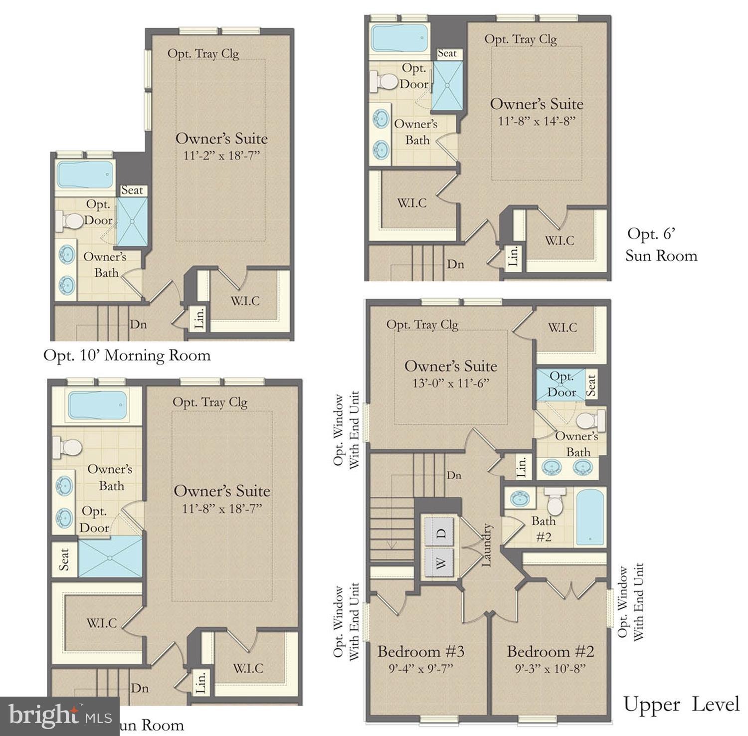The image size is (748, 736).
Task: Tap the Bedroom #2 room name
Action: coord(550,651)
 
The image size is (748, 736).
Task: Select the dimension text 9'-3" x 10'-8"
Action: coord(550,668)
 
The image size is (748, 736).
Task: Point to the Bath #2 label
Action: coord(543,529)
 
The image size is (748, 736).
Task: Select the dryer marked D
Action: coord(439,533)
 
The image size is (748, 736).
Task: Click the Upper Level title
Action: coord(681,705)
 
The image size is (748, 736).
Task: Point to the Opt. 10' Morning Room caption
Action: coord(127,356)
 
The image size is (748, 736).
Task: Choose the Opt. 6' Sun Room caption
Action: coord(661,245)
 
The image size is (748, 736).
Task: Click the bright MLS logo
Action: coord(59,716)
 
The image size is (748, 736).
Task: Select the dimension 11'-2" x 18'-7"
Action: coord(222,156)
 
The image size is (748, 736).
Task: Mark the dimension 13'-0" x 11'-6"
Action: coord(451,383)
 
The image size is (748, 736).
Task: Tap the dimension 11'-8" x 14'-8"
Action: coord(537,121)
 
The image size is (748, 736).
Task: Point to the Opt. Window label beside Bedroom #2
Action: coord(630,602)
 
